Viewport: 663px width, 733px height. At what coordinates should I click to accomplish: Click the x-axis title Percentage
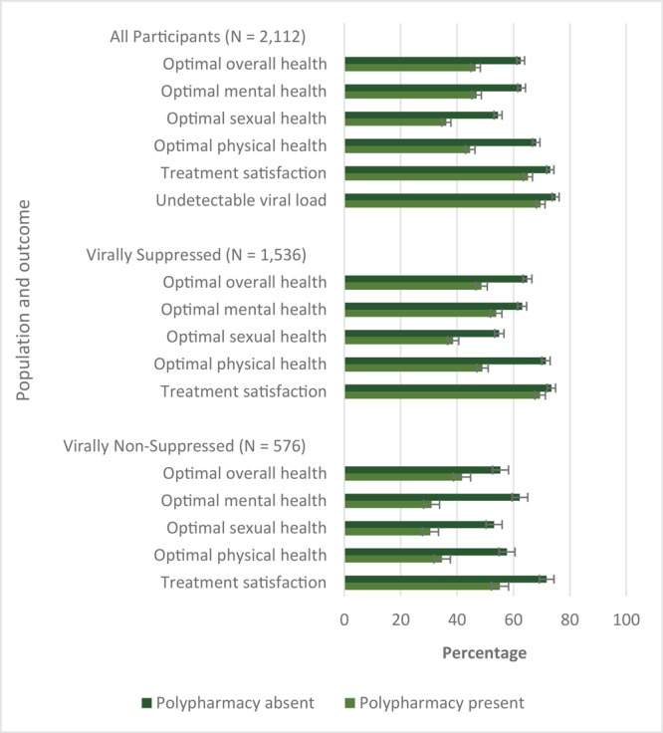(484, 653)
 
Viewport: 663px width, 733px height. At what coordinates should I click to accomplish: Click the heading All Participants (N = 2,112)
(207, 38)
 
